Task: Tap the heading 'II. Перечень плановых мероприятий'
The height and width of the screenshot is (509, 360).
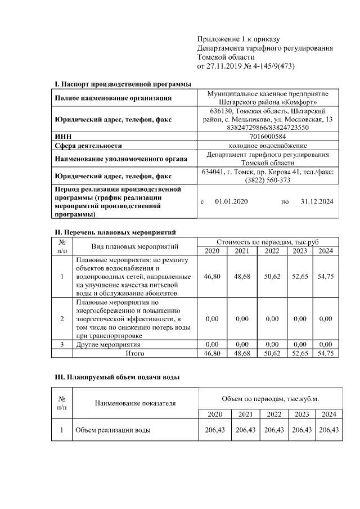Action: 115,232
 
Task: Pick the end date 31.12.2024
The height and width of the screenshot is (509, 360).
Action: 317,201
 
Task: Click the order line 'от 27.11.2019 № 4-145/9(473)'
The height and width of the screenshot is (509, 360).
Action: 246,66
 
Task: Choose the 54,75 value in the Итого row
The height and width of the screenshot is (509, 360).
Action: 326,353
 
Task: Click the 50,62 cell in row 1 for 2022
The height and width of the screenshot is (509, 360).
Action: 272,276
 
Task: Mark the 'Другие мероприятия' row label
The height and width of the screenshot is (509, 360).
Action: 108,344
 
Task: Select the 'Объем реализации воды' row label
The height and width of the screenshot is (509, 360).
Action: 112,430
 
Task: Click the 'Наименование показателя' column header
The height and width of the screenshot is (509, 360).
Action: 135,403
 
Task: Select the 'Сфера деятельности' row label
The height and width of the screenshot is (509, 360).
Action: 88,145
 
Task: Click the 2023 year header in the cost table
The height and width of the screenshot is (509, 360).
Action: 300,251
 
